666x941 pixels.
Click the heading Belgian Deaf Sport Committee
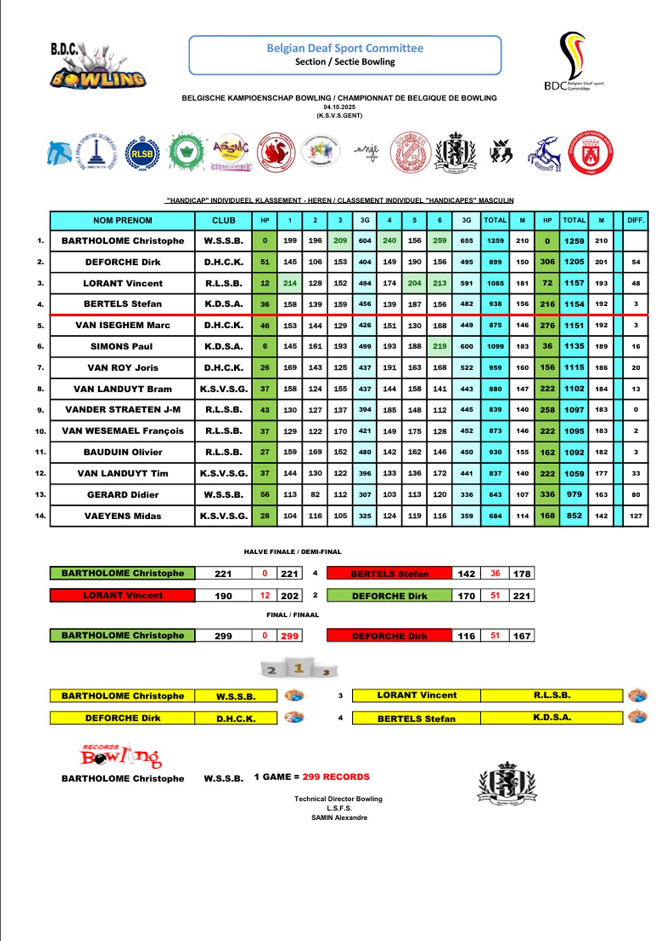point(345,48)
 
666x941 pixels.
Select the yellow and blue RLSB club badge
point(142,154)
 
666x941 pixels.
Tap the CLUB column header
point(223,220)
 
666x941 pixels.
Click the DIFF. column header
point(635,220)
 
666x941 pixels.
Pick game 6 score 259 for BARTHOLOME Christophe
point(439,241)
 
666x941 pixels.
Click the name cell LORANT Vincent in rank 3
point(122,283)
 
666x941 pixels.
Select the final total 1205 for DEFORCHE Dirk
point(574,262)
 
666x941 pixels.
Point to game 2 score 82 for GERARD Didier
point(315,495)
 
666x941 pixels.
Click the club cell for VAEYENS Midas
point(223,516)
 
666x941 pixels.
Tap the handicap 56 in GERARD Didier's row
point(265,495)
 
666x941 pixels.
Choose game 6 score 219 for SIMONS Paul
point(439,347)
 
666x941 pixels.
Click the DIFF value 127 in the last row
point(635,516)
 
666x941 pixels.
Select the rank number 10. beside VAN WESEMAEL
point(40,431)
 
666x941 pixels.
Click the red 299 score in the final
point(289,636)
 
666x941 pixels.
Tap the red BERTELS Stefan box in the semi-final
point(389,574)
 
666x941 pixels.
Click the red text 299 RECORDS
point(336,777)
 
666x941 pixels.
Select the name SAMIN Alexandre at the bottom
point(339,818)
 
